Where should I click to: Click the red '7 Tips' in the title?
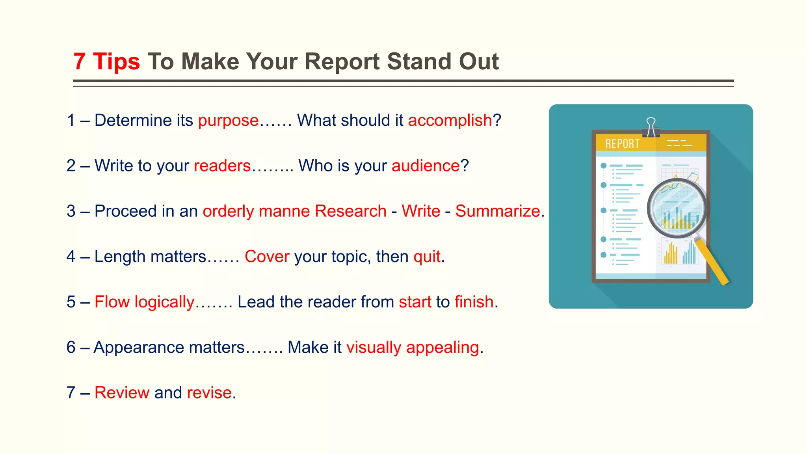106,62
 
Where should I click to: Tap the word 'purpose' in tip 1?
228,121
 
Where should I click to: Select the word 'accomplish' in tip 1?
450,121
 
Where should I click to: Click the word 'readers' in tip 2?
222,166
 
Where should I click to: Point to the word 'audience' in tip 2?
426,166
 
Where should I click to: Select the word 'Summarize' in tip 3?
497,211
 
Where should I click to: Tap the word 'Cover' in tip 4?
267,257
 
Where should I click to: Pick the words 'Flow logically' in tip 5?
144,302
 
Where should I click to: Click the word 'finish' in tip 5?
474,302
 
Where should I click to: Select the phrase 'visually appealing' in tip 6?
413,348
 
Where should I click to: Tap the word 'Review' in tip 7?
122,393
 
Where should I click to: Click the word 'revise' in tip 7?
209,393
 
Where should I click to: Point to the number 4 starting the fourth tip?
71,257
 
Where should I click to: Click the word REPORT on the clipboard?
622,144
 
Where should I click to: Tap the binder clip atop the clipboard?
651,127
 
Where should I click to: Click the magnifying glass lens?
677,208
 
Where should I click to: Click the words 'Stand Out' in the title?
443,62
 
